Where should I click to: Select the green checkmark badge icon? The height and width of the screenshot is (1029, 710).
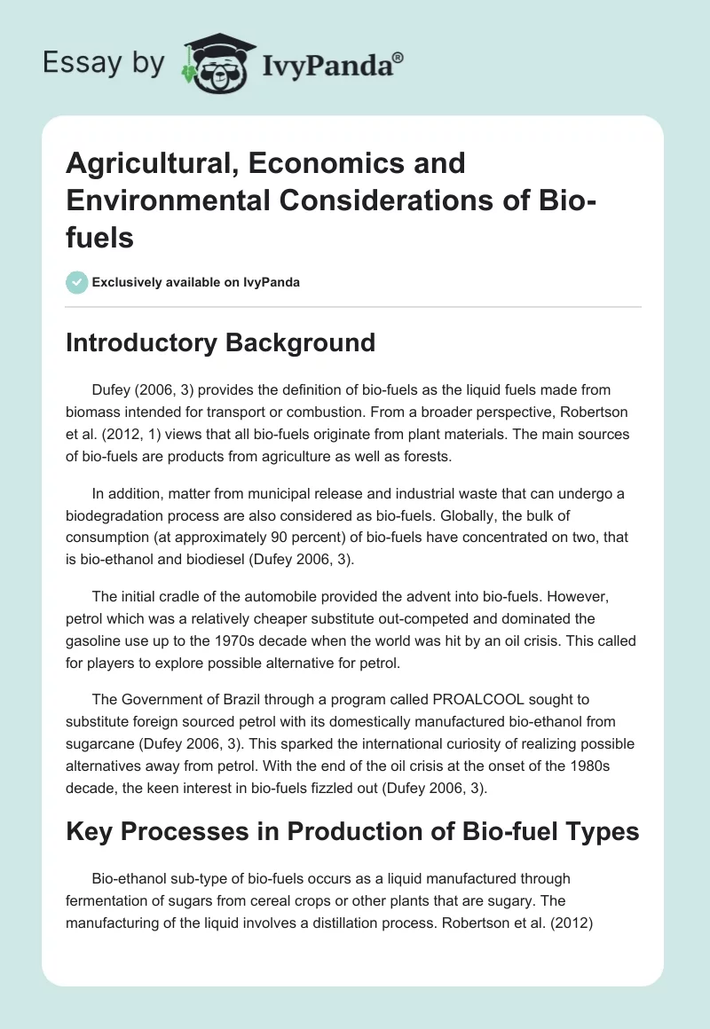(x=76, y=282)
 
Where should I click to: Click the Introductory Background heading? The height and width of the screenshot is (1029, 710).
(x=220, y=342)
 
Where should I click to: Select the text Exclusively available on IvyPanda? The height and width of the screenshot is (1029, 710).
(x=195, y=282)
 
